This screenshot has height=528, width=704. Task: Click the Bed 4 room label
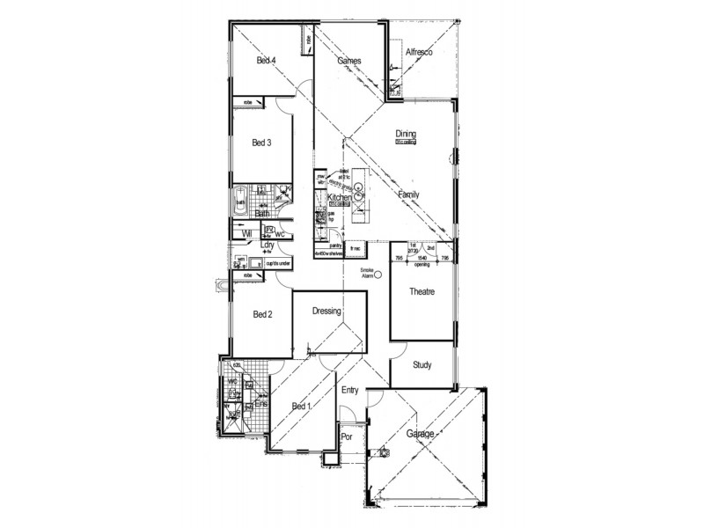click(267, 61)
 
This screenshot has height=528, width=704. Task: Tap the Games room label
click(351, 61)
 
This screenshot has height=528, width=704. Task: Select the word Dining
click(406, 134)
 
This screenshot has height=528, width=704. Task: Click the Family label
click(408, 194)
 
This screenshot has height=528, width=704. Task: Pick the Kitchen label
click(340, 200)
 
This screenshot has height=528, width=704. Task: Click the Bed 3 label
click(262, 143)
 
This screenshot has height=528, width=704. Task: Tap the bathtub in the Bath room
click(240, 202)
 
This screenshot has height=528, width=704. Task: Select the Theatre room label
click(423, 291)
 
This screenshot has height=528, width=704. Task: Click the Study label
click(422, 363)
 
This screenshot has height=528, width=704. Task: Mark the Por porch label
click(347, 436)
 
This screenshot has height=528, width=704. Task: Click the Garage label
click(424, 435)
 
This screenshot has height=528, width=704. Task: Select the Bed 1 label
click(301, 406)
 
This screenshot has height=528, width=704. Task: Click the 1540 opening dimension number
click(422, 258)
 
